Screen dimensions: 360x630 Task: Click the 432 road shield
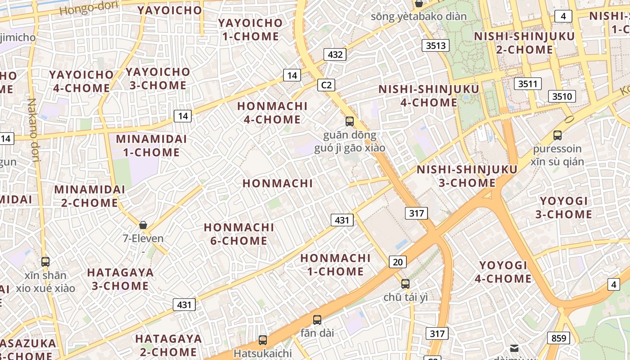pos(335,55)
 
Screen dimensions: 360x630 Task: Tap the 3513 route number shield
pos(436,45)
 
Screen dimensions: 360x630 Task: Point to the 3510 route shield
pos(562,96)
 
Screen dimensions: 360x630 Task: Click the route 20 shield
pos(398,262)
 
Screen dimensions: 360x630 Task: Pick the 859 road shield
pos(558,338)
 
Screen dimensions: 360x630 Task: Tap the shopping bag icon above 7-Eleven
pos(143,225)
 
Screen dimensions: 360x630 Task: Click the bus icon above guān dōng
pos(350,121)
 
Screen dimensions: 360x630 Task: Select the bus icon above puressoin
pos(558,135)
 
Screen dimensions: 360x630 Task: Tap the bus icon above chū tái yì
pos(405,283)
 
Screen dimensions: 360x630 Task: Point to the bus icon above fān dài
pos(317,320)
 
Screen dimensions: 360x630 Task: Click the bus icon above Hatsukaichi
pos(263,340)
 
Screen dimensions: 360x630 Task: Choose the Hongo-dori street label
pos(89,7)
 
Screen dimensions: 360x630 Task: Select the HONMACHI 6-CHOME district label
pos(239,234)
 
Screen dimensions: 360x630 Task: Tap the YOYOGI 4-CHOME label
pos(503,272)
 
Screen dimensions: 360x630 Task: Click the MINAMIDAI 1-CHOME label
pos(151,145)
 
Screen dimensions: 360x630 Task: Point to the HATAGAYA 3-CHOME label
pos(120,279)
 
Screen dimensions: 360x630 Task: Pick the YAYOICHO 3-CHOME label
pos(158,78)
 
